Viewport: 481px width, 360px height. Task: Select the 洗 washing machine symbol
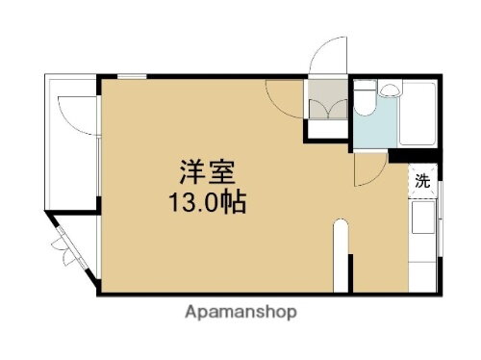[421, 180]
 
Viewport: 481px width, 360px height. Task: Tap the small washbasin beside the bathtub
[389, 92]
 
